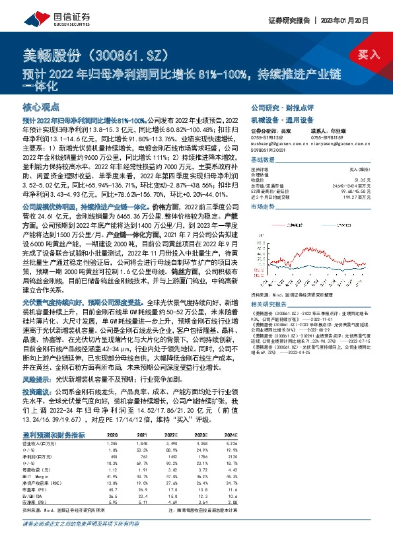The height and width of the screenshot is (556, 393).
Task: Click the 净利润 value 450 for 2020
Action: [x=112, y=438]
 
